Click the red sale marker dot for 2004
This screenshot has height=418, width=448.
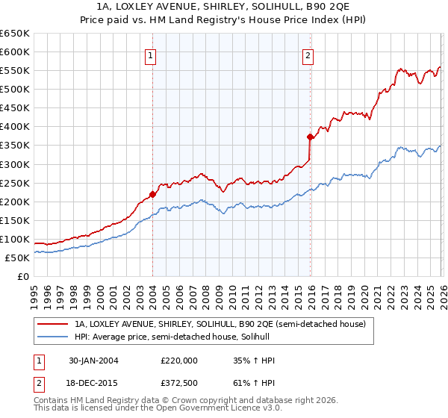click(x=152, y=194)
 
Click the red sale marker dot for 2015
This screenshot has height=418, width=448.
click(x=309, y=137)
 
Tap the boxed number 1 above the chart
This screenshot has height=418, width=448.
click(x=151, y=54)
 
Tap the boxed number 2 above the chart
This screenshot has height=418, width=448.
click(x=308, y=54)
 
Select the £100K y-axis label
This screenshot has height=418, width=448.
click(x=15, y=239)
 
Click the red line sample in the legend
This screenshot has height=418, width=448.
click(x=52, y=325)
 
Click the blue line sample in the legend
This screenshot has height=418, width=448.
click(x=52, y=338)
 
